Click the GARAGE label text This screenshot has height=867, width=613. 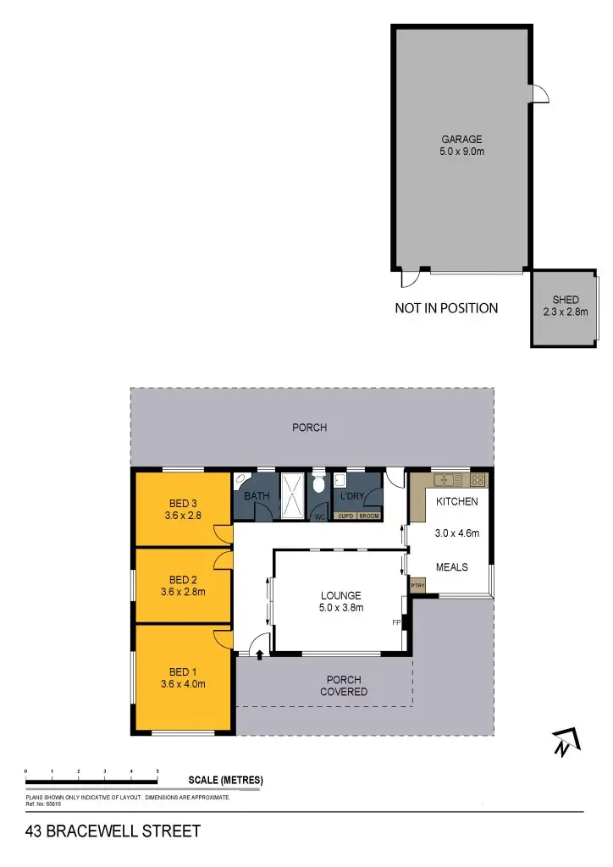pos(461,140)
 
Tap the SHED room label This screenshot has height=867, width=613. pos(566,300)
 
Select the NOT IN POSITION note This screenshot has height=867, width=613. pos(446,308)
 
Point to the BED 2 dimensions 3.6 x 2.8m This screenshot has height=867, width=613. pos(183,592)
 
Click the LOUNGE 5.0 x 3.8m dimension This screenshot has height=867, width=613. pos(340,607)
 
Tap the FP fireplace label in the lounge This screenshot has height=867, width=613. pos(395,622)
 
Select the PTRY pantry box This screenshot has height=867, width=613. pos(417,585)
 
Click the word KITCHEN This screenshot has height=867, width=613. pos(457,501)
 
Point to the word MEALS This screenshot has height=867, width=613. pos(452,566)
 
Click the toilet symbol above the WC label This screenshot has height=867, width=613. pos(319,485)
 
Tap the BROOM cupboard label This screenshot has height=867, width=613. pos(369,516)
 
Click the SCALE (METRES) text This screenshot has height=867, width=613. pos(224,780)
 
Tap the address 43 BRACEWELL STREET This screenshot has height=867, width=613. pos(113,831)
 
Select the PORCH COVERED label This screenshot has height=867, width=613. pos(344,686)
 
